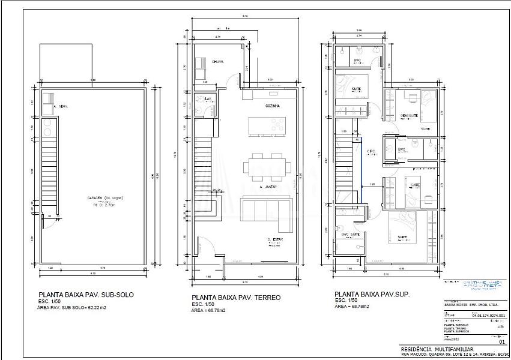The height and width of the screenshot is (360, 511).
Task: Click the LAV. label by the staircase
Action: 208,98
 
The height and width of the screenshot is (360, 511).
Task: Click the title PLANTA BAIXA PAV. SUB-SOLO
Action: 86,295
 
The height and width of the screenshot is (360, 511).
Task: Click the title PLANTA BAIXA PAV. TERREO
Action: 236,298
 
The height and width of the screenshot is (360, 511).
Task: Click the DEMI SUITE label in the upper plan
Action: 409,115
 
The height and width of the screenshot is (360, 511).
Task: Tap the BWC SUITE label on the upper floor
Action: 351,234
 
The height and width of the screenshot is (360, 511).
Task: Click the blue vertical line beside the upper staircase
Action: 362,174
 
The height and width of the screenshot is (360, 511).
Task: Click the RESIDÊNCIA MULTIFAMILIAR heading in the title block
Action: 437,349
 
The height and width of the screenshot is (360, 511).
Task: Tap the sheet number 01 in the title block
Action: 502,343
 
